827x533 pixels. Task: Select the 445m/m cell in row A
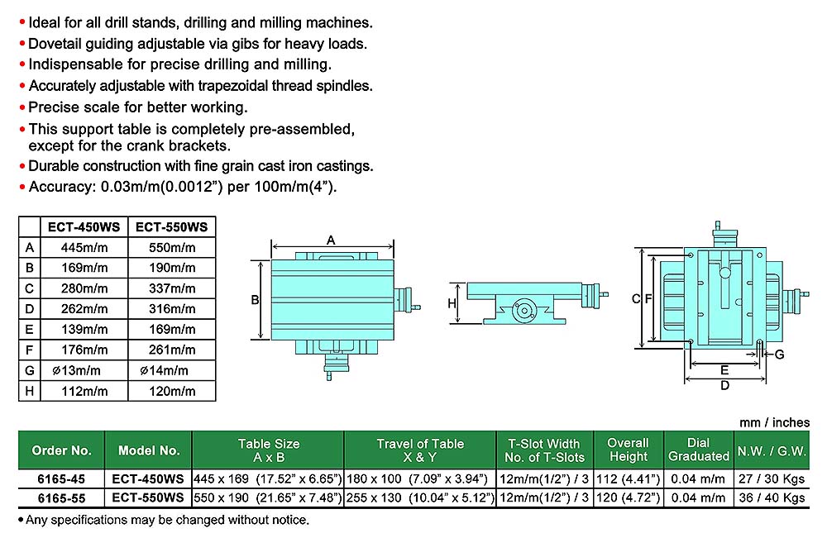click(x=84, y=247)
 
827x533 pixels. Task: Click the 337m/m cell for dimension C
click(x=171, y=288)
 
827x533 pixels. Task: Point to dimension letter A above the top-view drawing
click(x=330, y=240)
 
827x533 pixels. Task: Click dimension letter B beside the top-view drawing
click(x=256, y=300)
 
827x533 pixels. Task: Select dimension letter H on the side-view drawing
click(x=452, y=303)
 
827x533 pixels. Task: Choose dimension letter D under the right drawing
click(x=724, y=385)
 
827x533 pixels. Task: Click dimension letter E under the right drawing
click(x=724, y=369)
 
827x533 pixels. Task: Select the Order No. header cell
click(x=62, y=450)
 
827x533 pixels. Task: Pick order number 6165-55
click(x=62, y=498)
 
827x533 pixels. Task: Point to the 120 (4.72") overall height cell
click(x=629, y=498)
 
